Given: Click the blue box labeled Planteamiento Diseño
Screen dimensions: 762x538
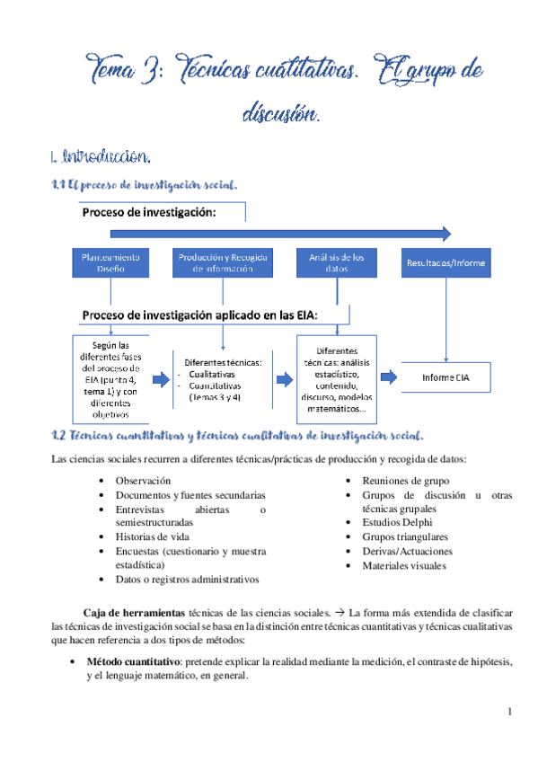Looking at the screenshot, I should pos(111,262).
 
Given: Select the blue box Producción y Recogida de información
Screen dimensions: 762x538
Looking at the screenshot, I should pos(222,262).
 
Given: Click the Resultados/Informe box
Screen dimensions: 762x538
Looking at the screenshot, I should pos(445,262).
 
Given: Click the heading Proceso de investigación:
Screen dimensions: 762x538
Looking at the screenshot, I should pos(149,213).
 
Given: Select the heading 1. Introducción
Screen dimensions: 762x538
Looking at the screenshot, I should pos(100,157).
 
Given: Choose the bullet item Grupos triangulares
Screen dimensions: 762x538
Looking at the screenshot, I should pos(403,536).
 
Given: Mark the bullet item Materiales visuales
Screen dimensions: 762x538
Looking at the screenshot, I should pos(403,565).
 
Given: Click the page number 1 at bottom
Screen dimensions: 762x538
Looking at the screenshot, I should pos(509,713).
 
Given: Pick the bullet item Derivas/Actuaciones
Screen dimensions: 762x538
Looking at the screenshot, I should pos(407,551).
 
